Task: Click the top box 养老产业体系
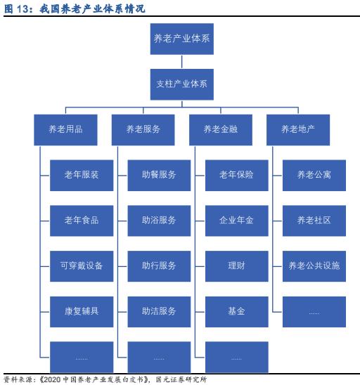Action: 182,39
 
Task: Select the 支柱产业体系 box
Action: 182,84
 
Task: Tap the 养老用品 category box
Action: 65,130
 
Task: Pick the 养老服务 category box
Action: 143,130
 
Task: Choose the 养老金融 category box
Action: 221,130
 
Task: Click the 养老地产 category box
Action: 298,130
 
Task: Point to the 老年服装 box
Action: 82,176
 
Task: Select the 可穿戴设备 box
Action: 82,266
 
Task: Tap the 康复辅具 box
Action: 82,312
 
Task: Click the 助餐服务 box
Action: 159,176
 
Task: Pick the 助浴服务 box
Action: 159,221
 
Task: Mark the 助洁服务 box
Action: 159,312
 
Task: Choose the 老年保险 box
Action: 237,176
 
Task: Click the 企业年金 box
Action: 237,221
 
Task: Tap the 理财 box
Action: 237,266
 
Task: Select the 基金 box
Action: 237,312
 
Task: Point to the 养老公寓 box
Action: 314,176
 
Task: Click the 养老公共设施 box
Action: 314,266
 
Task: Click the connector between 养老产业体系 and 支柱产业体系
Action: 182,62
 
